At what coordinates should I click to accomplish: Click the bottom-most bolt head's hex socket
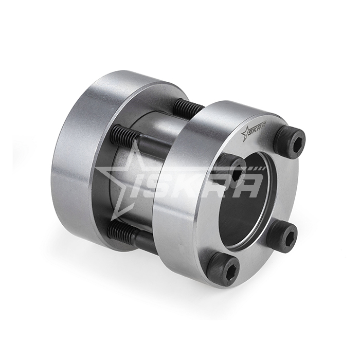[228, 268]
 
